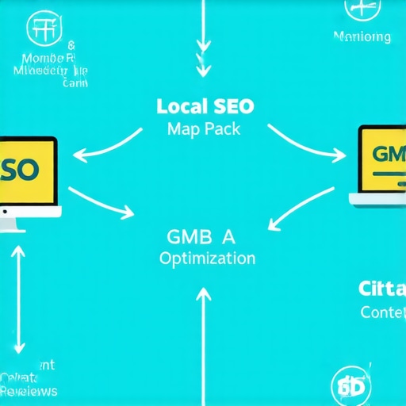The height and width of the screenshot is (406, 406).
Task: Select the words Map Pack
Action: coord(203,130)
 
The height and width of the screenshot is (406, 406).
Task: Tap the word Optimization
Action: coord(207,259)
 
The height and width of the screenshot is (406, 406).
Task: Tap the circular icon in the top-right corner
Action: coord(362,10)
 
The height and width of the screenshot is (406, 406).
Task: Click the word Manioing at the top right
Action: coord(362,37)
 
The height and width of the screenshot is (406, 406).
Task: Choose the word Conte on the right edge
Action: coord(382,312)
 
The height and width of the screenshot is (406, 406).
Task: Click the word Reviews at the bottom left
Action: coord(29,391)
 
